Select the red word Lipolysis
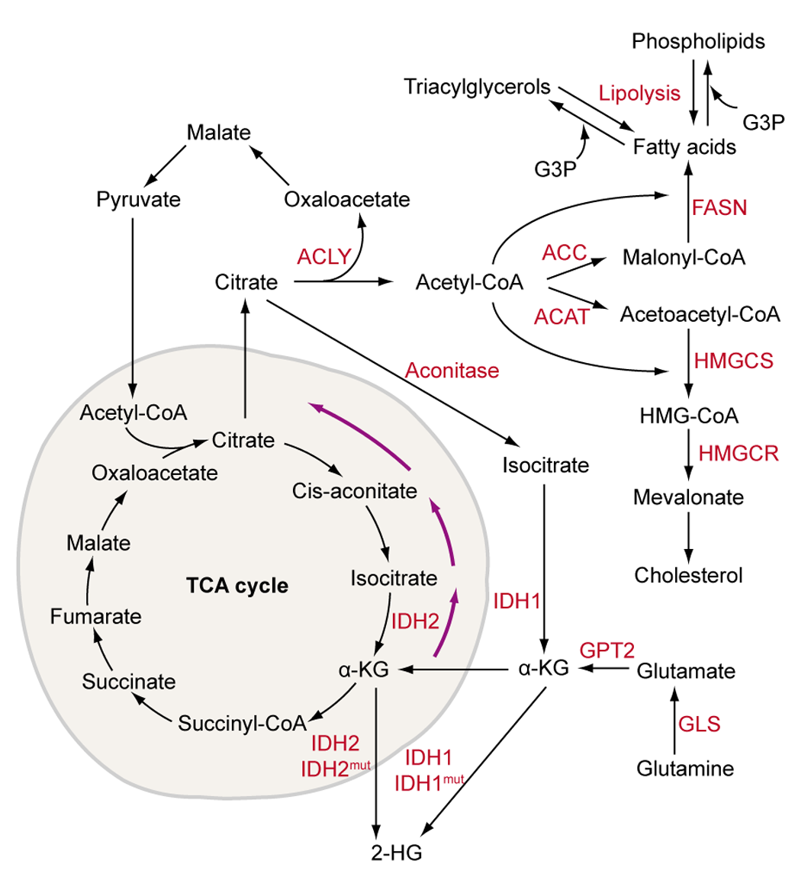coord(639,94)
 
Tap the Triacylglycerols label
coord(478,87)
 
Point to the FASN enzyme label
coord(718,207)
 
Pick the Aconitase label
coord(452,371)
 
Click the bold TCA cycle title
coord(237,586)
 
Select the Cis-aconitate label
coord(354,490)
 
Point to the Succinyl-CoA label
coord(242,721)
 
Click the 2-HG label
coord(395,851)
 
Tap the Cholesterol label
coord(688,574)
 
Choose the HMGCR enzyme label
coord(738,454)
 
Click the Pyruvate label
coord(139,200)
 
